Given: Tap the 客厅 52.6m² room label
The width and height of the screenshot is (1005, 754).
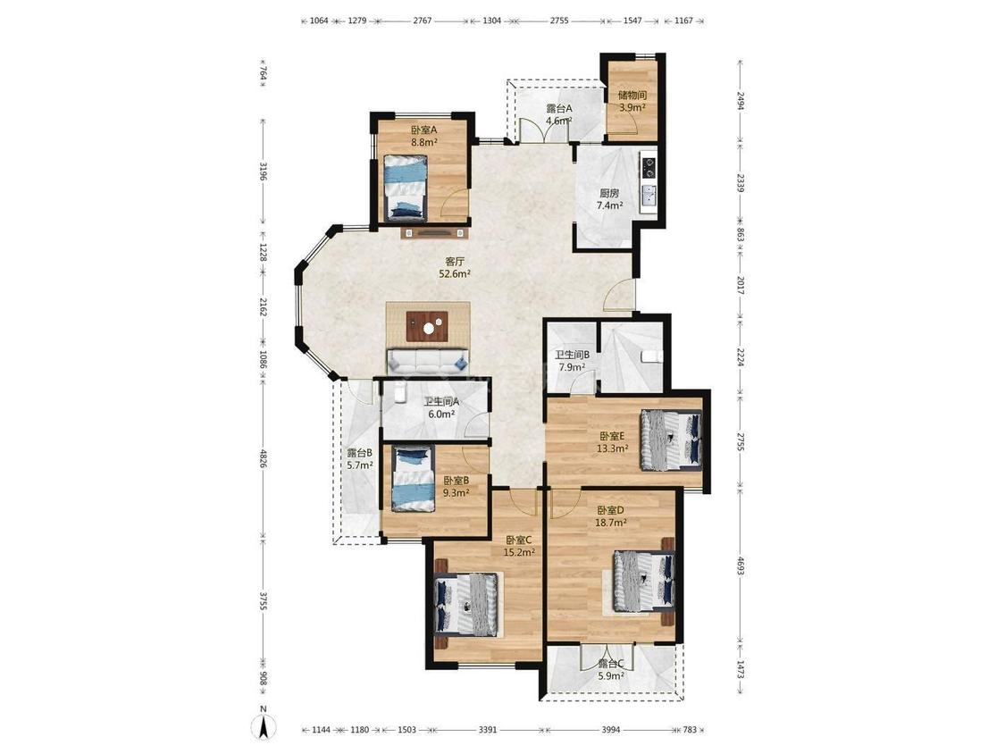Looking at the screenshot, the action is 455,268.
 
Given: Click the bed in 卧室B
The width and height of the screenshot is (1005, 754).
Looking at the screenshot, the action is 414,479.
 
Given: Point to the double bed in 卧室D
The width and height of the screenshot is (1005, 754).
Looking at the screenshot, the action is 643,581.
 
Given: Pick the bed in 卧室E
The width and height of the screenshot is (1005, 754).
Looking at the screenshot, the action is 671,440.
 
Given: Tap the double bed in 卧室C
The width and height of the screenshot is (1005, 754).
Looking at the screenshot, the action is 466,605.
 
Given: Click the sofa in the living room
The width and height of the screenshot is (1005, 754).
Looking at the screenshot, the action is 428,362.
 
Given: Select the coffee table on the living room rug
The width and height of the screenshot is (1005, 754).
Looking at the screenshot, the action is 428,326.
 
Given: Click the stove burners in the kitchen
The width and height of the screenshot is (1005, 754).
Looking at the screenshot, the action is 649,166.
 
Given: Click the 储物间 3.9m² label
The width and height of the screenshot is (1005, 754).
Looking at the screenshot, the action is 632,101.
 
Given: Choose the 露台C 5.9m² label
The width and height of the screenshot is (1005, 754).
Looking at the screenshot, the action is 611,669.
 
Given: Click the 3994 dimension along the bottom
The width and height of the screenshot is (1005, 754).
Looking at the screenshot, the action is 611,730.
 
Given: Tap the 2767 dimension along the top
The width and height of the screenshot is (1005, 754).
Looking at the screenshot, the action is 423,21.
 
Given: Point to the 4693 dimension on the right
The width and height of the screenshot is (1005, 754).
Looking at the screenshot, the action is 741,565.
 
